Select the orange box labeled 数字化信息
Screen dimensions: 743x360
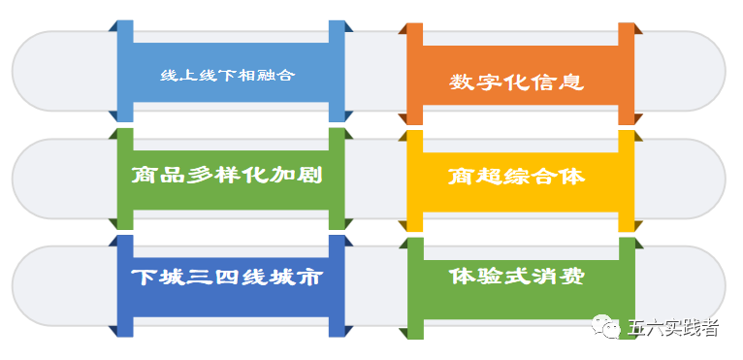click(520, 82)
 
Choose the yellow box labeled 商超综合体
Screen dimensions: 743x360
click(520, 178)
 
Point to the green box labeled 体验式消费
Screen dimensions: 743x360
click(520, 277)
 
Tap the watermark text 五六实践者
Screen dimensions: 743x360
click(673, 328)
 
